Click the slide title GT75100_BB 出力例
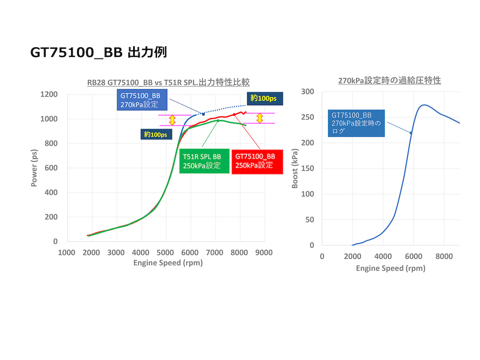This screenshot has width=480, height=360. (x=98, y=52)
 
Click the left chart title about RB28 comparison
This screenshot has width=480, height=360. (x=168, y=83)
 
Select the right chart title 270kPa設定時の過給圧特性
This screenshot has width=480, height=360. (x=390, y=80)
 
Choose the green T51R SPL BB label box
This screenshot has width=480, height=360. (x=204, y=161)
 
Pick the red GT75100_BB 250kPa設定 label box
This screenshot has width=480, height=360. (x=257, y=161)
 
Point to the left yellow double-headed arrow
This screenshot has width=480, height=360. (x=172, y=120)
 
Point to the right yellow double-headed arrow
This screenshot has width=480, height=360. (x=260, y=118)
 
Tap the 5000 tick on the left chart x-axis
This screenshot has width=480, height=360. (x=166, y=253)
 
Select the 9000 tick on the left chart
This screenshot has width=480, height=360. (x=264, y=253)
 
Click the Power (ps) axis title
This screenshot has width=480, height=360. (x=34, y=168)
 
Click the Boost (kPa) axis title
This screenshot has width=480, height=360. (x=295, y=168)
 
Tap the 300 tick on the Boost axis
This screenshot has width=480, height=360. (x=308, y=92)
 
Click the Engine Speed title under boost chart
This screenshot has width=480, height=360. (x=390, y=268)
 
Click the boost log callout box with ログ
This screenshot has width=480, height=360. (x=356, y=123)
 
